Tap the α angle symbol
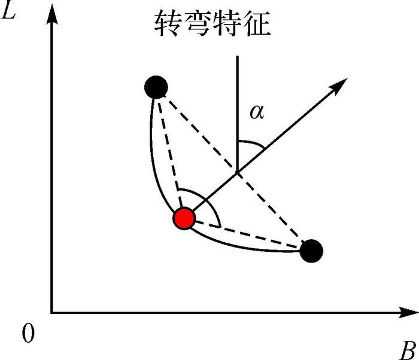tap(258, 112)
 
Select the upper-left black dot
tap(156, 87)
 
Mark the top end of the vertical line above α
tap(238, 57)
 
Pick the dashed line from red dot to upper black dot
tap(170, 153)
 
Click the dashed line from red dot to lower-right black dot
tap(248, 235)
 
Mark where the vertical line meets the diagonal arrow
tap(238, 173)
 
